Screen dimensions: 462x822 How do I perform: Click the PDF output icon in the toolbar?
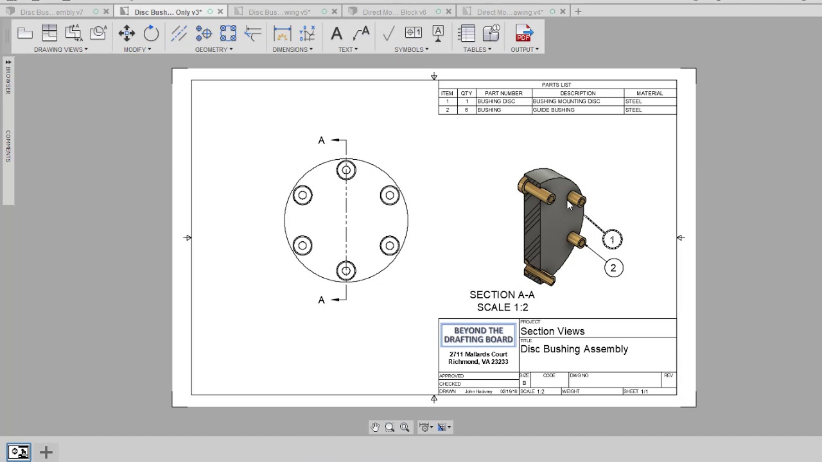coord(523,34)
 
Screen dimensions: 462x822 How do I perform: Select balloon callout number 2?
coord(613,268)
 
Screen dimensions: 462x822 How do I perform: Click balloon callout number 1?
coord(612,239)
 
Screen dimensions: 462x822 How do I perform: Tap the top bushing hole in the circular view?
coord(346,170)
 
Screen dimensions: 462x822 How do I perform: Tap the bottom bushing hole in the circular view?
coord(346,271)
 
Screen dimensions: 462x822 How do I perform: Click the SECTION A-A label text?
coord(502,295)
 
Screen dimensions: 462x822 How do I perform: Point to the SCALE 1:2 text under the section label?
coord(502,307)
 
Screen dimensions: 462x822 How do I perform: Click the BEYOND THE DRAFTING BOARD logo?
coord(478,335)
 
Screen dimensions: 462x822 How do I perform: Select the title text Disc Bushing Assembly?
coord(574,349)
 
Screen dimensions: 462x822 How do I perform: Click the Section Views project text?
coord(552,332)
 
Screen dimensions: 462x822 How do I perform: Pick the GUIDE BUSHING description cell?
coord(554,110)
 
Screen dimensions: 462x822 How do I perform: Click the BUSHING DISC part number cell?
coord(496,101)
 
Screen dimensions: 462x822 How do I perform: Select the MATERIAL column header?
coord(649,93)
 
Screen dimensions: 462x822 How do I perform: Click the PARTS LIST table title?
coord(556,85)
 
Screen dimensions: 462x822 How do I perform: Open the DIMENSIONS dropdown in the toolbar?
coord(293,49)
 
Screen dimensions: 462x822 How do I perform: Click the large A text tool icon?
coord(337,34)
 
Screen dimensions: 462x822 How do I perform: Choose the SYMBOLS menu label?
coord(411,49)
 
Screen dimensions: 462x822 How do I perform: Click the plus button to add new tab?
coord(578,12)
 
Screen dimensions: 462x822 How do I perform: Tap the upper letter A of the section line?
coord(322,141)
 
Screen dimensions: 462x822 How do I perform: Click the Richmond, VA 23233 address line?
coord(478,362)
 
